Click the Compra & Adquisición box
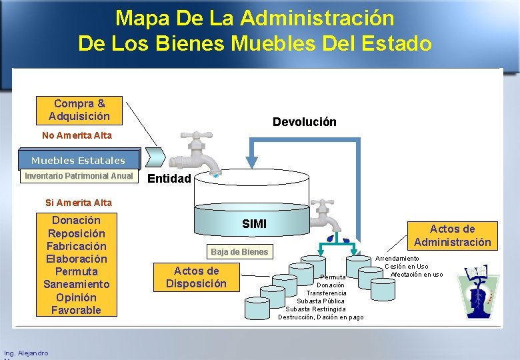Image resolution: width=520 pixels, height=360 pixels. pyautogui.click(x=79, y=110)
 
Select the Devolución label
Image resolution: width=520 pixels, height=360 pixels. pyautogui.click(x=304, y=122)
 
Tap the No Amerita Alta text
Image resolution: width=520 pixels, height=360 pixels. pyautogui.click(x=77, y=135)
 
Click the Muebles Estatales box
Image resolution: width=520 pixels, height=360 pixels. pyautogui.click(x=77, y=160)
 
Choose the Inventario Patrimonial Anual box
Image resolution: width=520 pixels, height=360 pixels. pyautogui.click(x=79, y=177)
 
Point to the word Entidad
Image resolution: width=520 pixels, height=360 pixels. pyautogui.click(x=169, y=179)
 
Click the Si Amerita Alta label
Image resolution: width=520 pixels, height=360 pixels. pyautogui.click(x=78, y=203)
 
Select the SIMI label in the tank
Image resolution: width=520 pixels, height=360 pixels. pyautogui.click(x=254, y=224)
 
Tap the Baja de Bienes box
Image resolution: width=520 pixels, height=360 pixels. pyautogui.click(x=239, y=252)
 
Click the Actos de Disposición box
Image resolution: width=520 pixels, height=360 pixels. pyautogui.click(x=196, y=277)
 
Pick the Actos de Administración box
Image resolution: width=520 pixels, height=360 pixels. pyautogui.click(x=452, y=236)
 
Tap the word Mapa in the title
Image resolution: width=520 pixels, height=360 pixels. pyautogui.click(x=139, y=18)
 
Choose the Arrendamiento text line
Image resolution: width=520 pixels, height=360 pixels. pyautogui.click(x=397, y=258)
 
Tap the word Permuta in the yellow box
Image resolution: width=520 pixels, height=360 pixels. pyautogui.click(x=76, y=271)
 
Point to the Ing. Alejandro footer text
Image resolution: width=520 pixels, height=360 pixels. pyautogui.click(x=26, y=353)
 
